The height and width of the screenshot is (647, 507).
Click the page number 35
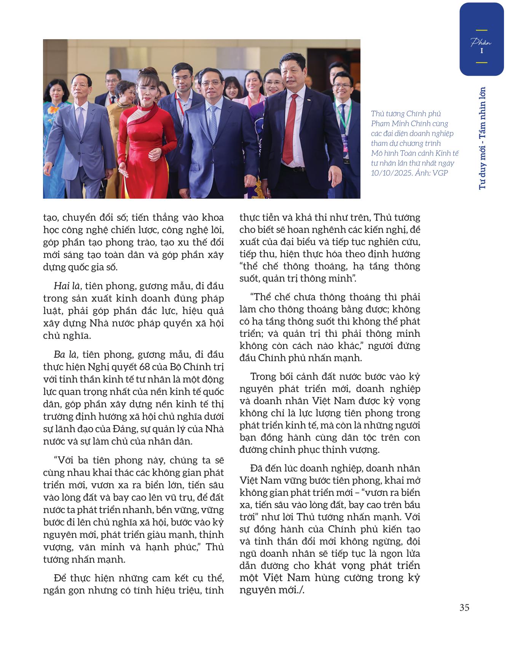(464, 608)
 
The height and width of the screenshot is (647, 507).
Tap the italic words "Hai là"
(63, 286)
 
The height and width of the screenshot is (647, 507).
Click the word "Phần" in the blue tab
(481, 42)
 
